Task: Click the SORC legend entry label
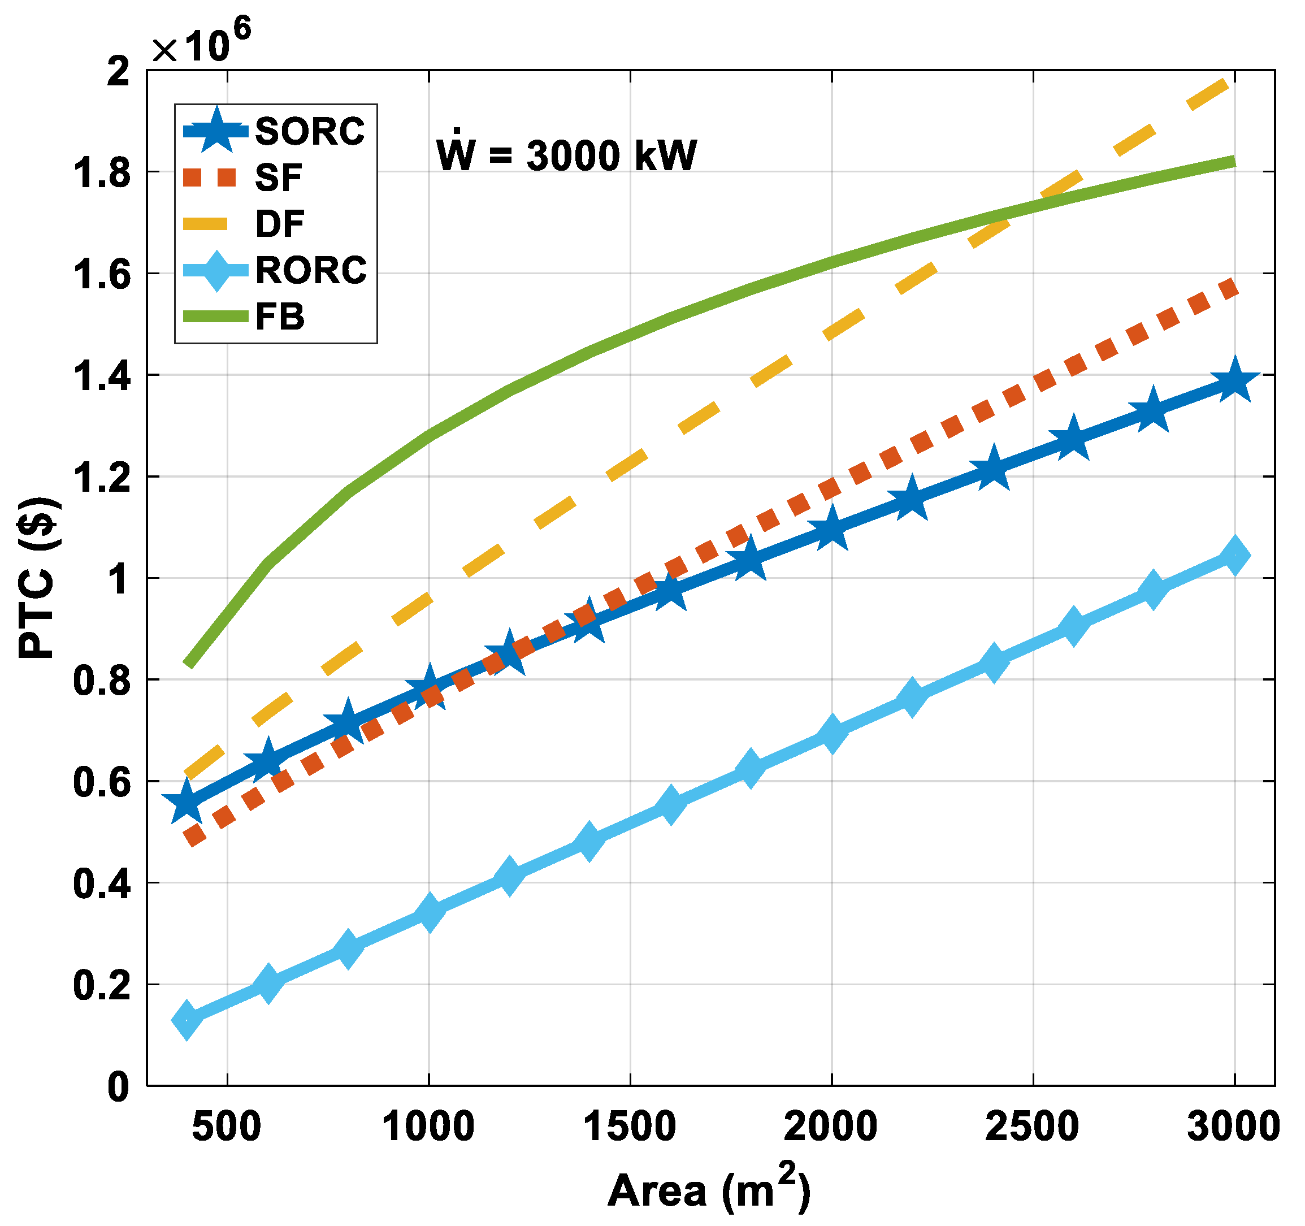(x=309, y=131)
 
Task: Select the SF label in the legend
(x=278, y=178)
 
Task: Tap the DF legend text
(x=280, y=224)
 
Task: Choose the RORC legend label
(x=310, y=270)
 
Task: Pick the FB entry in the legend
(x=280, y=317)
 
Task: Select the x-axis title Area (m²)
(x=709, y=1189)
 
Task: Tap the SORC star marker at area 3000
(x=1234, y=381)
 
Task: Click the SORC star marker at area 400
(x=187, y=803)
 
